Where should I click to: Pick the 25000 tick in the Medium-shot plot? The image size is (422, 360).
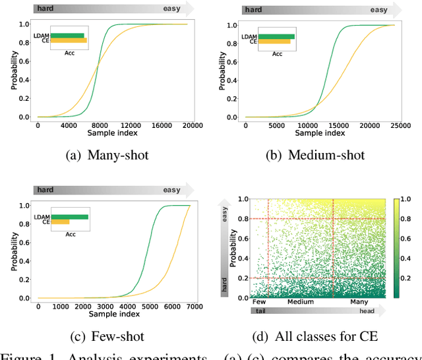pyautogui.click(x=394, y=125)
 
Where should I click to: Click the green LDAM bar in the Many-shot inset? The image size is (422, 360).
pyautogui.click(x=67, y=35)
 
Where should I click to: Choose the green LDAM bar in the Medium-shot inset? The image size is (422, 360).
pyautogui.click(x=276, y=36)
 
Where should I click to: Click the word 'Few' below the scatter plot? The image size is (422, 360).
pyautogui.click(x=260, y=302)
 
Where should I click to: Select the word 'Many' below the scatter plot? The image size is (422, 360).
pyautogui.click(x=359, y=302)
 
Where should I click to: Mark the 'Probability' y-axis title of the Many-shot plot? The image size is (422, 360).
pyautogui.click(x=13, y=71)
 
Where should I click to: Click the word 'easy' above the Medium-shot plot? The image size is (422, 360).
pyautogui.click(x=378, y=10)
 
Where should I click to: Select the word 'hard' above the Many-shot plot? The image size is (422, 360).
pyautogui.click(x=46, y=9)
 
